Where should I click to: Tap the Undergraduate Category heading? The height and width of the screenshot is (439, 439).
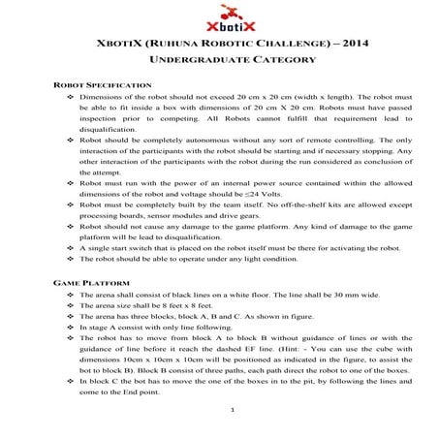click(x=219, y=60)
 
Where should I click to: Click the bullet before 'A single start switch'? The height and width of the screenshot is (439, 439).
click(x=70, y=248)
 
